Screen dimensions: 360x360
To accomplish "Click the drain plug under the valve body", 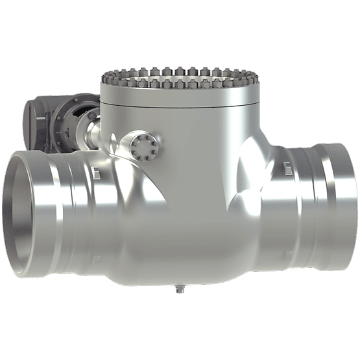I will click(x=180, y=289).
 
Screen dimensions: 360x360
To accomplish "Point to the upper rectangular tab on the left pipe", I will click(x=95, y=172).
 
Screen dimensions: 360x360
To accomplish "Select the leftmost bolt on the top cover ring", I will click(x=104, y=78).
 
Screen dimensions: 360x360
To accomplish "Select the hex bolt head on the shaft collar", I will click(x=92, y=117).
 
